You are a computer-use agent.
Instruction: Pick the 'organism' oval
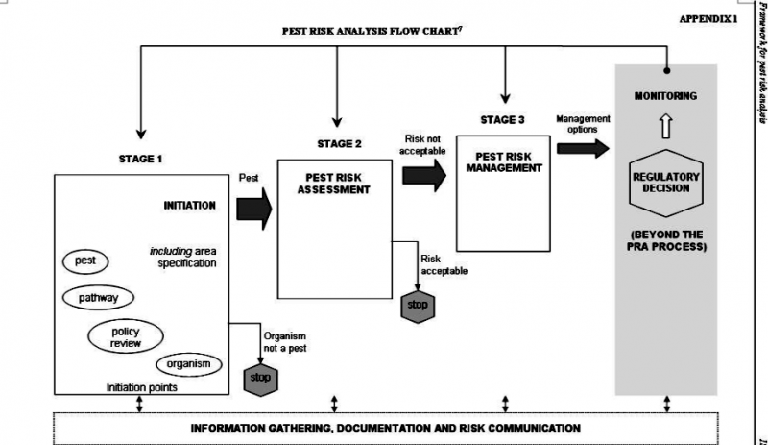click(x=188, y=365)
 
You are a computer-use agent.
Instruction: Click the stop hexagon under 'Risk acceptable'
click(x=418, y=307)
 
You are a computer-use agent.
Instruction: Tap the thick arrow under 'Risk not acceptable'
click(x=424, y=173)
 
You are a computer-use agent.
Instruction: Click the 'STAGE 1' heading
click(x=140, y=159)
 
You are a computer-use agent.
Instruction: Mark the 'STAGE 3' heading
click(x=503, y=119)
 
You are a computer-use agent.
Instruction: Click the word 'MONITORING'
click(x=665, y=96)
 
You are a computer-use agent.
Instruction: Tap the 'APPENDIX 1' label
click(x=708, y=19)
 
